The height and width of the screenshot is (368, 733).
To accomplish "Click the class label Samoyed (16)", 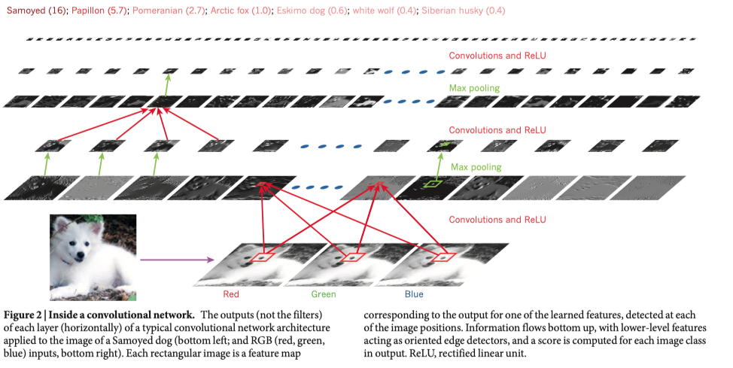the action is point(37,11).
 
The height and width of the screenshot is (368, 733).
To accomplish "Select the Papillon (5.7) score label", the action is point(99,11).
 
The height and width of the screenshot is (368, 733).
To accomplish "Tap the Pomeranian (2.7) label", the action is point(169,11).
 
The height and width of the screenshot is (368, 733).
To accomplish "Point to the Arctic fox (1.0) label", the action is point(242,11).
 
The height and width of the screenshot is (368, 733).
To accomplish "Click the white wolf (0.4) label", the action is point(385,11).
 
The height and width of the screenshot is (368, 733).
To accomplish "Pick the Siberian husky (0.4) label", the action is point(464,11).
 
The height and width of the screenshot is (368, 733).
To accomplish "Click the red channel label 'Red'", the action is point(231,294).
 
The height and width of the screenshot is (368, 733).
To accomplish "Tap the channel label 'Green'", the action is point(324,294).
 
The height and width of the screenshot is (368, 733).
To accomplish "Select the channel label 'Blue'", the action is point(414,294).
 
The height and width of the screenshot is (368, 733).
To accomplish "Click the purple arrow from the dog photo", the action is point(177,259).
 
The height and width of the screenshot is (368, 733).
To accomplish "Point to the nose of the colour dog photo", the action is point(81,254).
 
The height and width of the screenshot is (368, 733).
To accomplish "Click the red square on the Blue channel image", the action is point(443,257).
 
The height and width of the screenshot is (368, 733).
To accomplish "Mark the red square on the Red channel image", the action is point(263,257).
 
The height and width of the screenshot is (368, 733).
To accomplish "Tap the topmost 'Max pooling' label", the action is point(474,88).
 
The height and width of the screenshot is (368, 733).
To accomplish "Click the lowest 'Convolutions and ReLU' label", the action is point(497,219).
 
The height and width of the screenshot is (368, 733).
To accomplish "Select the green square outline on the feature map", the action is point(433,184).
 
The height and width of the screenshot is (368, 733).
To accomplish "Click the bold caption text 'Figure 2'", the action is point(21,315).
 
